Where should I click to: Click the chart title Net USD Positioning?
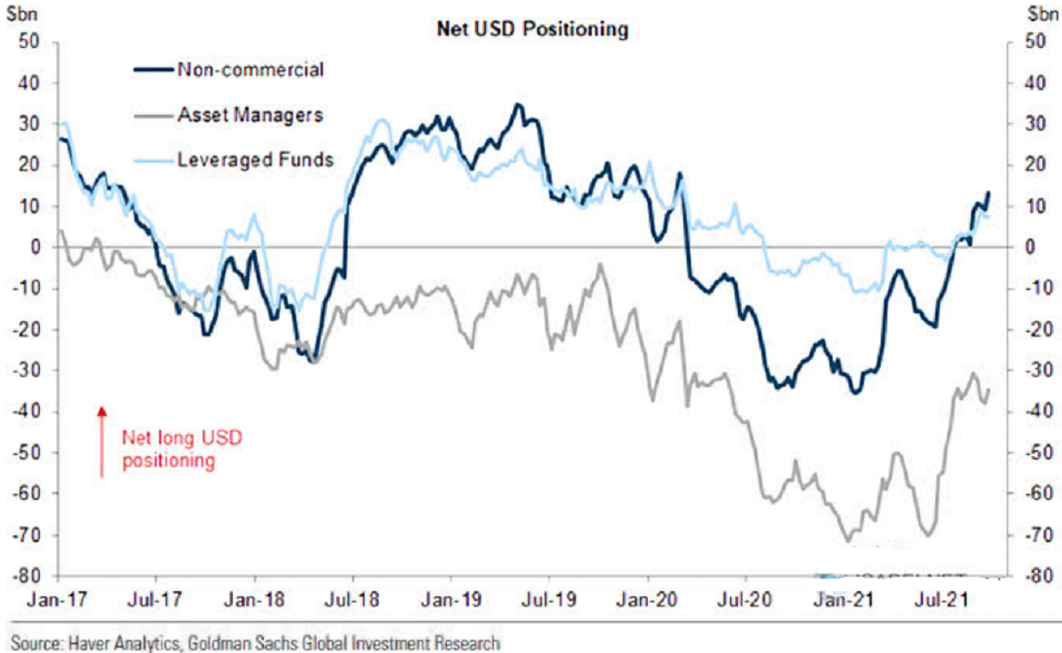tap(532, 29)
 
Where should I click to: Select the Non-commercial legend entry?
tap(250, 70)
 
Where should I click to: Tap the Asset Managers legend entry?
tap(250, 114)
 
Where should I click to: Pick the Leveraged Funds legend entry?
tap(255, 159)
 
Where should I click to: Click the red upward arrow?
tap(102, 442)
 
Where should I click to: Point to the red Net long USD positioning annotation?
tap(181, 449)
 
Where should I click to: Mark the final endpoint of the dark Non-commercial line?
tap(988, 193)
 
